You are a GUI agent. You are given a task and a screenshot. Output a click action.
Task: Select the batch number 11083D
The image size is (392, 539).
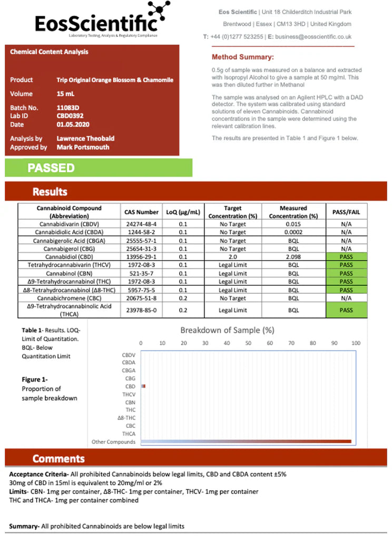(x=67, y=107)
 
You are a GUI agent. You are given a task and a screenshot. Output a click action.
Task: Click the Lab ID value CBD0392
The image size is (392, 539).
(x=70, y=116)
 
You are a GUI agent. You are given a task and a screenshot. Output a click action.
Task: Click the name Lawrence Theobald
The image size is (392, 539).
(x=85, y=138)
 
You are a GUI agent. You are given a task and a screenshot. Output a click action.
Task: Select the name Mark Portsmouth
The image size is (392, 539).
(x=83, y=147)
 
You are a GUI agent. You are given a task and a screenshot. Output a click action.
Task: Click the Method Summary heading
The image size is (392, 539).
(x=242, y=57)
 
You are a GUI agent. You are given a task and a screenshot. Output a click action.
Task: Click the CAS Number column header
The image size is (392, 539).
(x=141, y=212)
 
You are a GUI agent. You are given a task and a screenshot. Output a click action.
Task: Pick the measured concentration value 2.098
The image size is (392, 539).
(x=293, y=257)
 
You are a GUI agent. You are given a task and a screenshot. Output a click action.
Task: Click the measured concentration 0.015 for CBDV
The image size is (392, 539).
(x=293, y=224)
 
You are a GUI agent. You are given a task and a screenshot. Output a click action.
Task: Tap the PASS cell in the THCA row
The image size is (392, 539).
(x=346, y=311)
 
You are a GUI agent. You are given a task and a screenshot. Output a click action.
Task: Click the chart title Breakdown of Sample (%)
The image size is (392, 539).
(x=227, y=331)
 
